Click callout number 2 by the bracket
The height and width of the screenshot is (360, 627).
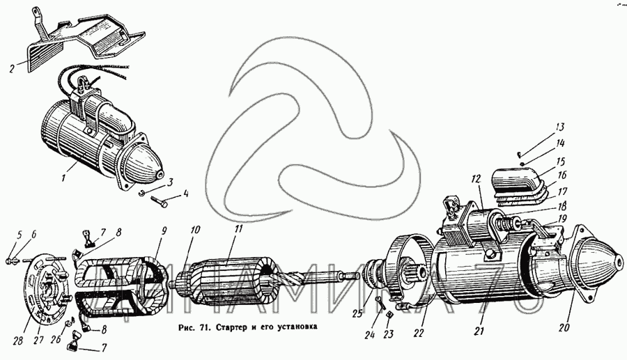coord(12,68)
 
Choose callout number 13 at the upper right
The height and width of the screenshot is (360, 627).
coord(559,127)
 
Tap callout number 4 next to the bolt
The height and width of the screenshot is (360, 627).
coord(185,194)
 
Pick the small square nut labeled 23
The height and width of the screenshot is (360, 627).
coord(390,312)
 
